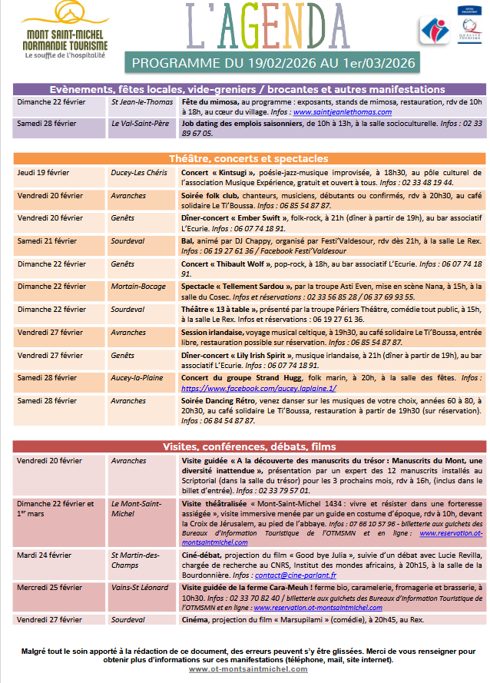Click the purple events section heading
247,89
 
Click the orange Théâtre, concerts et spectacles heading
247,158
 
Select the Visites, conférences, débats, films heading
247,446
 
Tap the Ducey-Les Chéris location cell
139,172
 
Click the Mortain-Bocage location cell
138,287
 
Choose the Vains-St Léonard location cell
140,588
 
